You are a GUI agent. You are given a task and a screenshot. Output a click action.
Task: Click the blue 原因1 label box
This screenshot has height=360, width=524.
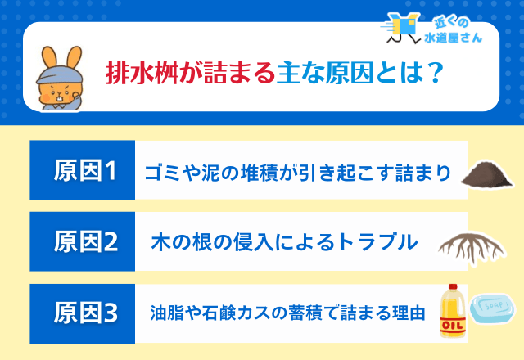click(82, 171)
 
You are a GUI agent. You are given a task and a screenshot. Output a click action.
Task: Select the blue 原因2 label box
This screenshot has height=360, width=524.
click(82, 241)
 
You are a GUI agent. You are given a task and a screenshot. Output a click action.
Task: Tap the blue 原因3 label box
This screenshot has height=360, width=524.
click(82, 313)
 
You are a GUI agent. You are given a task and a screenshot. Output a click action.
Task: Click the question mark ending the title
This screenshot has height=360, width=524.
click(436, 74)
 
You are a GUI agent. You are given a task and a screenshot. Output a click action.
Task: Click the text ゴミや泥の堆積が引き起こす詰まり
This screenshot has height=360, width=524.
click(298, 173)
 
